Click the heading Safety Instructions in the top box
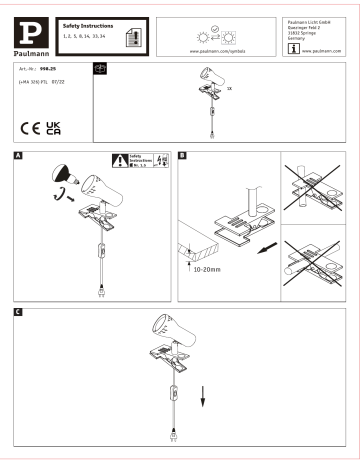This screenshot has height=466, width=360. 84,23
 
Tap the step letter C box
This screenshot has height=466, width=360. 19,313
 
